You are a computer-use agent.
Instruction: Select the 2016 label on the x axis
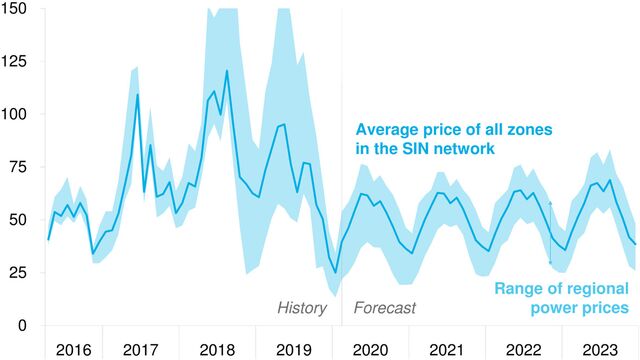click(74, 349)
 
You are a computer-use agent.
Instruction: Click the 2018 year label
click(218, 349)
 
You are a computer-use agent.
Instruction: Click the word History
click(302, 308)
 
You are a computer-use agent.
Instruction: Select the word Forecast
click(384, 308)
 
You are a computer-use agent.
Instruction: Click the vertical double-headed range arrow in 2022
click(549, 232)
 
